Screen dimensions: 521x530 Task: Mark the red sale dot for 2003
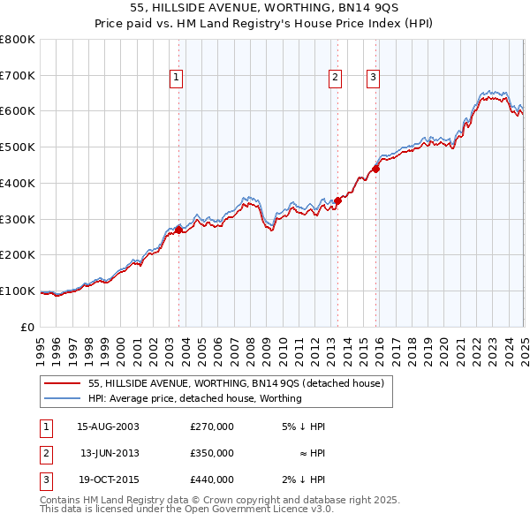(178, 230)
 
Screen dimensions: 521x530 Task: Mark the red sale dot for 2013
(337, 200)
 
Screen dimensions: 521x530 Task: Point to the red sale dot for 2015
(375, 169)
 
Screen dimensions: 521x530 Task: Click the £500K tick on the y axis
(18, 147)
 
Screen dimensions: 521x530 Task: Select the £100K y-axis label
(18, 291)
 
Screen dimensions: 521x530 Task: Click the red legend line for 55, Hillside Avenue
(62, 384)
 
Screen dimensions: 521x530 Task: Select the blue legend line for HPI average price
(62, 398)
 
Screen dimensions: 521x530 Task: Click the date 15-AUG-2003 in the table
(108, 427)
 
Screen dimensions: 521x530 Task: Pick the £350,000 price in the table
(212, 453)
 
